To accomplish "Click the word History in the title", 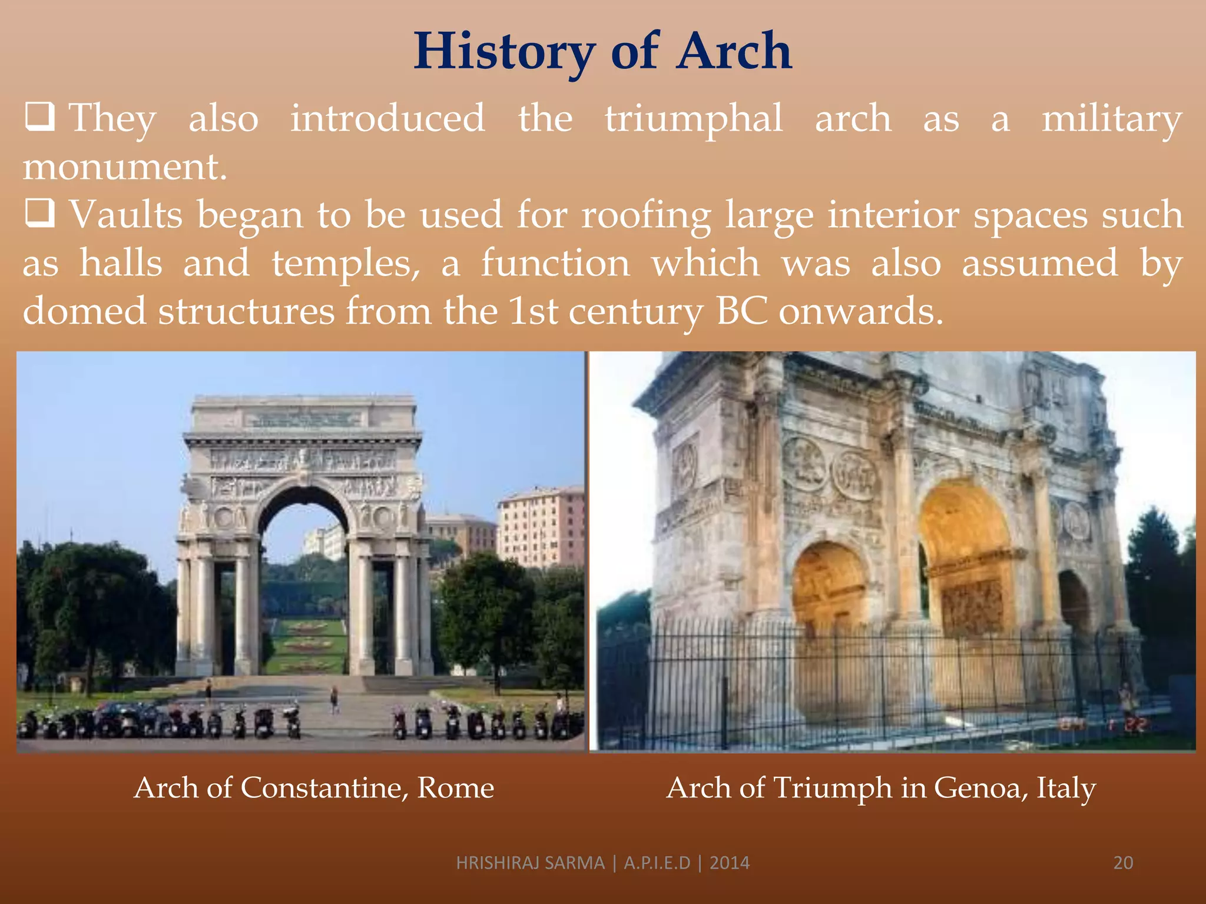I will (504, 52).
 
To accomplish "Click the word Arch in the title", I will (734, 52).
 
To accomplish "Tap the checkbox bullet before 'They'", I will (40, 117).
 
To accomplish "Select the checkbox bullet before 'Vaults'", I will (40, 213).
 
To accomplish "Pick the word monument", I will (124, 167).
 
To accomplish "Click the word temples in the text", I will (345, 264).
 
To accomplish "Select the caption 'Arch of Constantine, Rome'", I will (314, 787).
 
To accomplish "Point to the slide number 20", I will (1123, 863).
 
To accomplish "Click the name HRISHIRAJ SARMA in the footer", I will (530, 863).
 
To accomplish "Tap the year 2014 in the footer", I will (730, 863).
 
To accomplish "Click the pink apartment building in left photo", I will (540, 527).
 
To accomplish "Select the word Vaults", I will (126, 215).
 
